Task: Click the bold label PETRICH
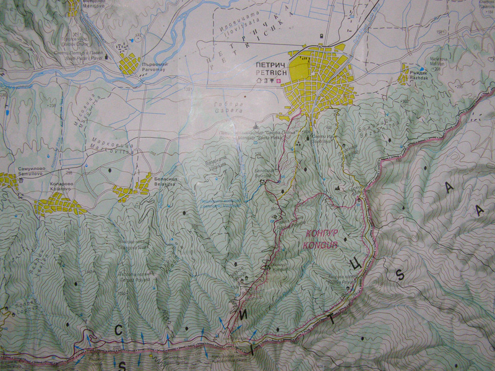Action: click(268, 70)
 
